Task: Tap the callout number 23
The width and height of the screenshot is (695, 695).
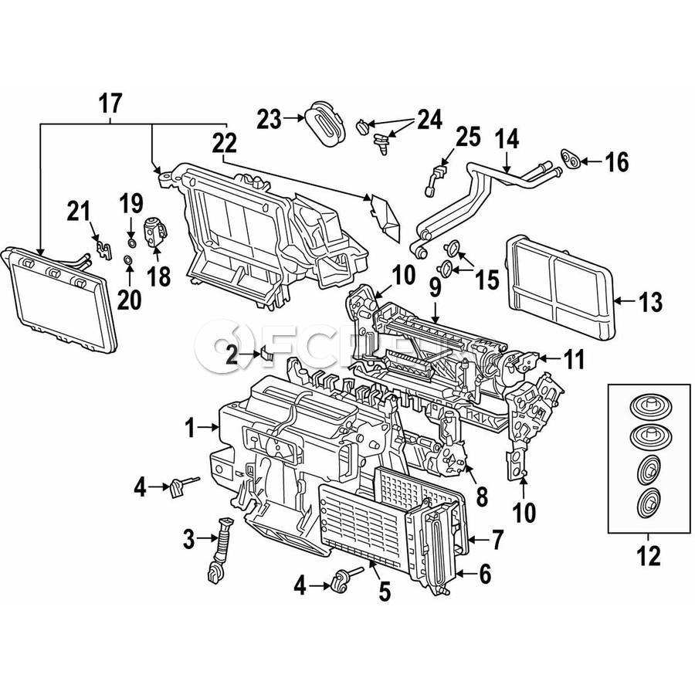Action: (x=270, y=119)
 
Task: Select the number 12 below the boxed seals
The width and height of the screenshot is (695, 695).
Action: (x=649, y=554)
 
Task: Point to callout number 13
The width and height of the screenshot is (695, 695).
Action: (x=650, y=302)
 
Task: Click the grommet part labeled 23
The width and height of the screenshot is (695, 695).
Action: (x=323, y=122)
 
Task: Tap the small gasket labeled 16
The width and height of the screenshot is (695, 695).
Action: (x=571, y=160)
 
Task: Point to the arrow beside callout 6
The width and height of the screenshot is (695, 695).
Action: (x=463, y=573)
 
